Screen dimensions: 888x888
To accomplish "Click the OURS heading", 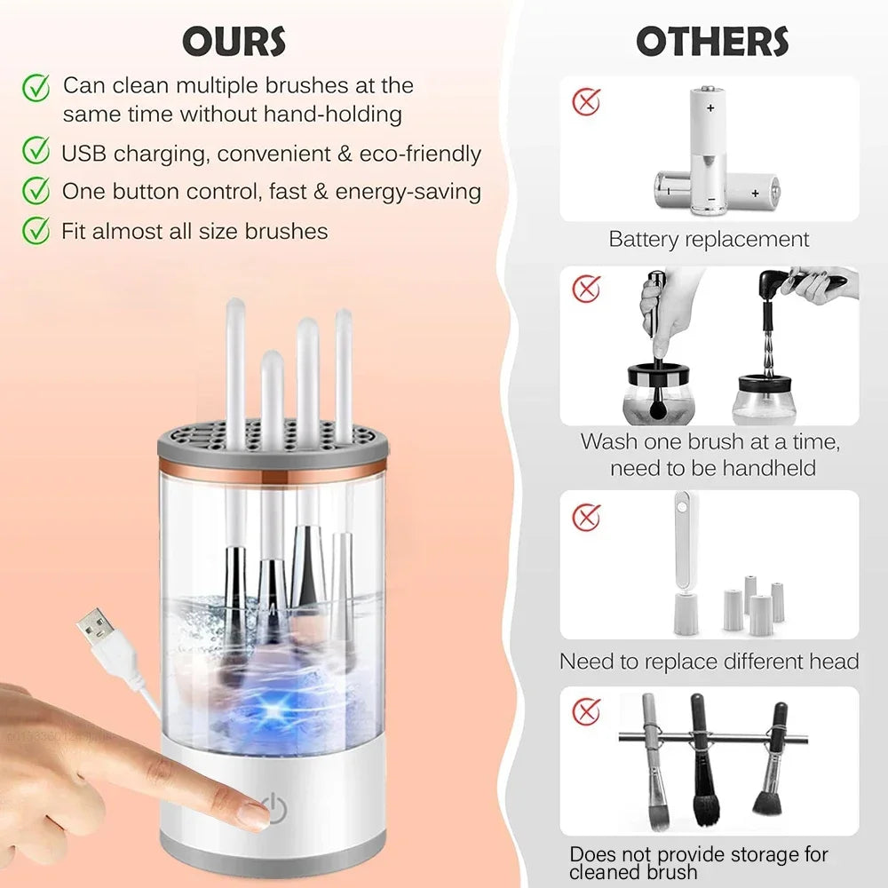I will [234, 41].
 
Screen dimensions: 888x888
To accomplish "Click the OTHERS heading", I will [711, 41].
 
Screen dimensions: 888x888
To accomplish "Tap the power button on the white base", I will [277, 809].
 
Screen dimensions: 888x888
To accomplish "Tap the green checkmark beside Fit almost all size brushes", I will [36, 231].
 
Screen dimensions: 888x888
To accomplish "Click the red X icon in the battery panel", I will [585, 101].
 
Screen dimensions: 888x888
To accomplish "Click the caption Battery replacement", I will [709, 239].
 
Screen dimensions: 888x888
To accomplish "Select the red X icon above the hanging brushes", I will [585, 710].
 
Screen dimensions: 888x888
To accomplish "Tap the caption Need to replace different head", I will [709, 662].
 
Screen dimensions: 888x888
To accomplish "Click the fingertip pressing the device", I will [252, 813].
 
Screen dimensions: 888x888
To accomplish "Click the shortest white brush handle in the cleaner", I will [272, 391].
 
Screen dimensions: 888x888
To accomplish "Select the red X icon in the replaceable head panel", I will [585, 516].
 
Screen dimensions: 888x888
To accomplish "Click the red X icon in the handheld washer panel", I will [585, 289].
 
